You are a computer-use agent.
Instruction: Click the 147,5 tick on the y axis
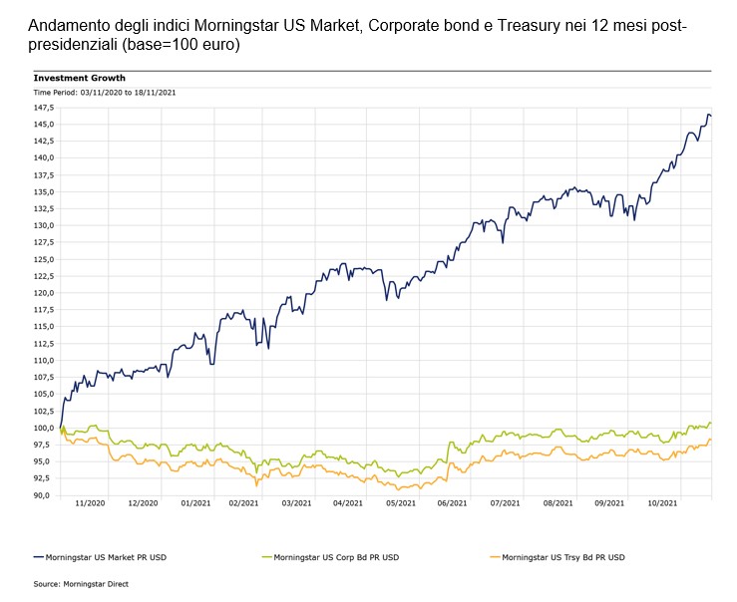44,108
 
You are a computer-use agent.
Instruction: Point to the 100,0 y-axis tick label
44,428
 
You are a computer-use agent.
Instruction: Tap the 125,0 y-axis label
44,259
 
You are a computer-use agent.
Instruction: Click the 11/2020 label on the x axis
90,504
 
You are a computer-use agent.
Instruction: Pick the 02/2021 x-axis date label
243,504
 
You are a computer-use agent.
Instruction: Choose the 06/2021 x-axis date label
452,504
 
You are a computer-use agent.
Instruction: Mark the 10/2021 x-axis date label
662,504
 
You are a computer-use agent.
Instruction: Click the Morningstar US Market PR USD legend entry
114,556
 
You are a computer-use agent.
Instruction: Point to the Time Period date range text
92,93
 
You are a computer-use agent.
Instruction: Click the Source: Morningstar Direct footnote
81,584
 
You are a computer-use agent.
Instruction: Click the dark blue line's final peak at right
708,115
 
